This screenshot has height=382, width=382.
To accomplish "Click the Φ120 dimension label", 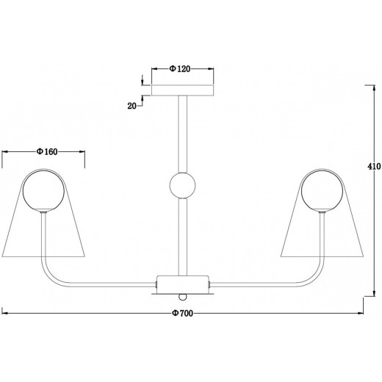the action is pos(180,69).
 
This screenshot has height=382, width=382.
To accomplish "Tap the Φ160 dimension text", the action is pos(47,152).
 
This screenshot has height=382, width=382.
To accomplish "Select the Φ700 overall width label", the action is pos(182,313).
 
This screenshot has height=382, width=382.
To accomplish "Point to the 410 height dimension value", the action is pos(374,167).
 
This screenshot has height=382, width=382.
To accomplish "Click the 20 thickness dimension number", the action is pos(131,106).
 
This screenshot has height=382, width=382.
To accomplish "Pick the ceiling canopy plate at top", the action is pos(183,90).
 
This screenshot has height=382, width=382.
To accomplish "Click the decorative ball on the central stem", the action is pos(182,185).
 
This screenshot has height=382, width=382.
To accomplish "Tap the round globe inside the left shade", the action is pos(43,191).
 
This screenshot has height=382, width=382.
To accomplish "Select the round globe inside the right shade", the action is pos(322,191).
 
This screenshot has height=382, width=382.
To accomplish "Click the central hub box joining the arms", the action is pos(183,284).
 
